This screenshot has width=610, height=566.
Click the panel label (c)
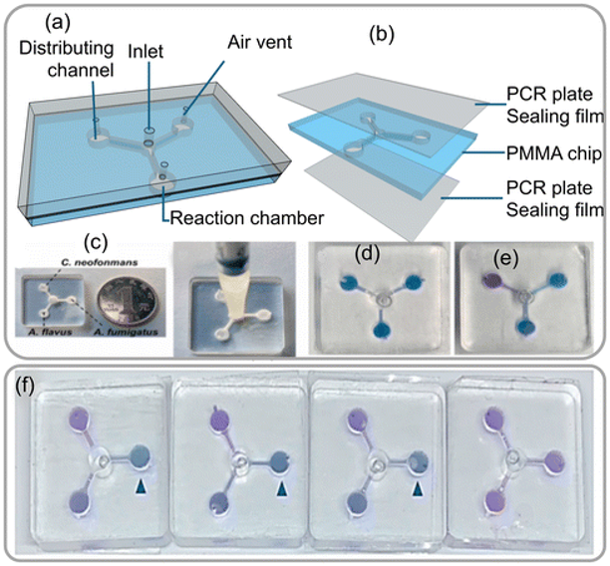pyautogui.click(x=40, y=243)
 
